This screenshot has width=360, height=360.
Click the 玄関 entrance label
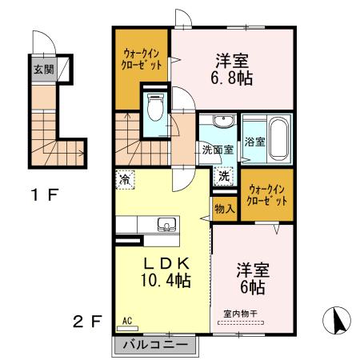pyautogui.click(x=43, y=69)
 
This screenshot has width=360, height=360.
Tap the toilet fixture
pyautogui.click(x=156, y=106)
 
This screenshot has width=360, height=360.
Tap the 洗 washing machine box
pyautogui.click(x=224, y=176)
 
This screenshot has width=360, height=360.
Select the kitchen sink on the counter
pyautogui.click(x=166, y=223)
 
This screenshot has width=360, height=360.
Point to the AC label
pyautogui.click(x=126, y=323)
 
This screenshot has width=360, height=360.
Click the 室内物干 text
pyautogui.click(x=252, y=316)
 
